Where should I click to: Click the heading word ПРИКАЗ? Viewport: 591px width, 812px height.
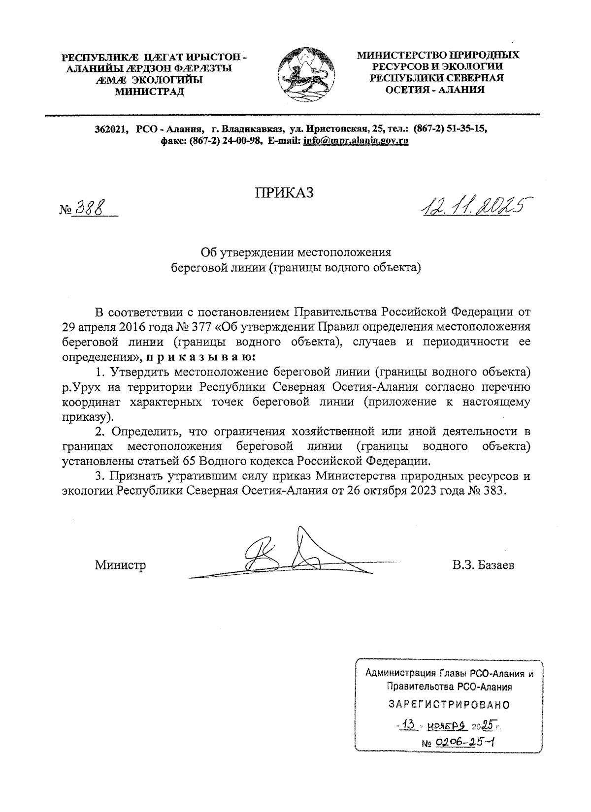[x=284, y=194]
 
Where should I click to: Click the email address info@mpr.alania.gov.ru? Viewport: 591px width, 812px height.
[x=356, y=140]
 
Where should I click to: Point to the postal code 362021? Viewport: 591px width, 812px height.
[x=111, y=129]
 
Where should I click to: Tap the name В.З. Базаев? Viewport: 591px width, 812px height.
[x=484, y=565]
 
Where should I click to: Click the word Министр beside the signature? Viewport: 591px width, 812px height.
[x=121, y=565]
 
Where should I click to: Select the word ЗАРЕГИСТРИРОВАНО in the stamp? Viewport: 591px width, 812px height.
[x=449, y=705]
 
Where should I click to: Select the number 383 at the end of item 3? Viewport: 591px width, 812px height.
[x=493, y=491]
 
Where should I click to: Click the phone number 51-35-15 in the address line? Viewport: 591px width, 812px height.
[x=467, y=129]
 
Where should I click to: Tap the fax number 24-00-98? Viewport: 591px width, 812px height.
[x=241, y=140]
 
